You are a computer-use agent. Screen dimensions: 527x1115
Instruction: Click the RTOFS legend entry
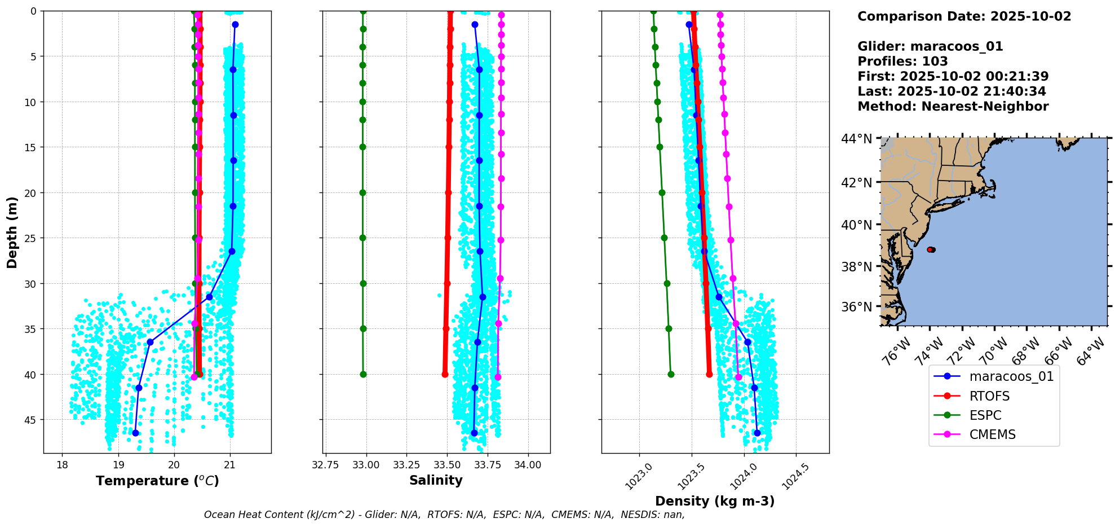click(989, 396)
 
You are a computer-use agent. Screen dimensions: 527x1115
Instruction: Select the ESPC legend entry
click(985, 415)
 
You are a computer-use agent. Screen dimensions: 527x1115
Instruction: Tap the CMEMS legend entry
click(992, 434)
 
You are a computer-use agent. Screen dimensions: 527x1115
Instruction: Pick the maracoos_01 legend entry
click(1011, 376)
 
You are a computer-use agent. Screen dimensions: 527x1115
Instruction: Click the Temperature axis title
click(157, 481)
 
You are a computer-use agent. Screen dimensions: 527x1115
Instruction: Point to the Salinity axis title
click(436, 480)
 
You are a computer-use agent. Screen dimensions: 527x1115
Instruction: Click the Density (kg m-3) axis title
click(714, 501)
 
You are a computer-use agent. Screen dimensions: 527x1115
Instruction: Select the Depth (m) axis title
click(12, 232)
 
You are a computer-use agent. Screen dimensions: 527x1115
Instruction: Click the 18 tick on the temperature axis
click(62, 465)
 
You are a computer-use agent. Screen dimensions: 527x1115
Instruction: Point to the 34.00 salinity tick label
click(528, 465)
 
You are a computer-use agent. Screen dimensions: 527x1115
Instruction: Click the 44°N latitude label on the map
click(856, 139)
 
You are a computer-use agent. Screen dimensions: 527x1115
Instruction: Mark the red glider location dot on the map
click(931, 249)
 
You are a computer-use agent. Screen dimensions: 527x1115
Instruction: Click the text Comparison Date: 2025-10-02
click(964, 16)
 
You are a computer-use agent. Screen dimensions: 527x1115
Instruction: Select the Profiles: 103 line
click(902, 62)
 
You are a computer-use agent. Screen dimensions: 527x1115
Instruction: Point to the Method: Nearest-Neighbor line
click(953, 107)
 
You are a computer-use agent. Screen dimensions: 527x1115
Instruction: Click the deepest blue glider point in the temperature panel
click(135, 433)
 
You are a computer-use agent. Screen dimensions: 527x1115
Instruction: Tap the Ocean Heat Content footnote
click(444, 515)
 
